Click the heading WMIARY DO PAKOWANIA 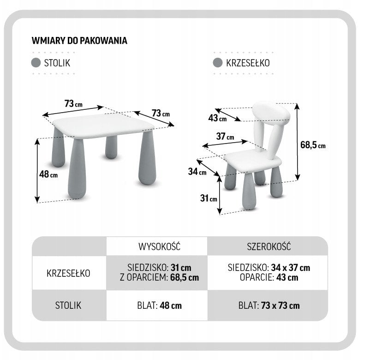click(79, 41)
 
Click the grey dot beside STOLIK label click(36, 63)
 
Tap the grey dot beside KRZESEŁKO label click(218, 63)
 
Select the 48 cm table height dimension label click(48, 174)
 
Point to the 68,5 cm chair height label click(313, 145)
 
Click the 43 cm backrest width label click(217, 118)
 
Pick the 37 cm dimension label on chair click(225, 137)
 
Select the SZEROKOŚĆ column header click(269, 246)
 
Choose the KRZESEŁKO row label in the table click(68, 273)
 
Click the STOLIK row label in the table click(68, 306)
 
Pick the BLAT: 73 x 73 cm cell click(269, 306)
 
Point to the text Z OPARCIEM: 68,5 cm click(159, 277)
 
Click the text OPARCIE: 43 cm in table click(269, 277)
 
